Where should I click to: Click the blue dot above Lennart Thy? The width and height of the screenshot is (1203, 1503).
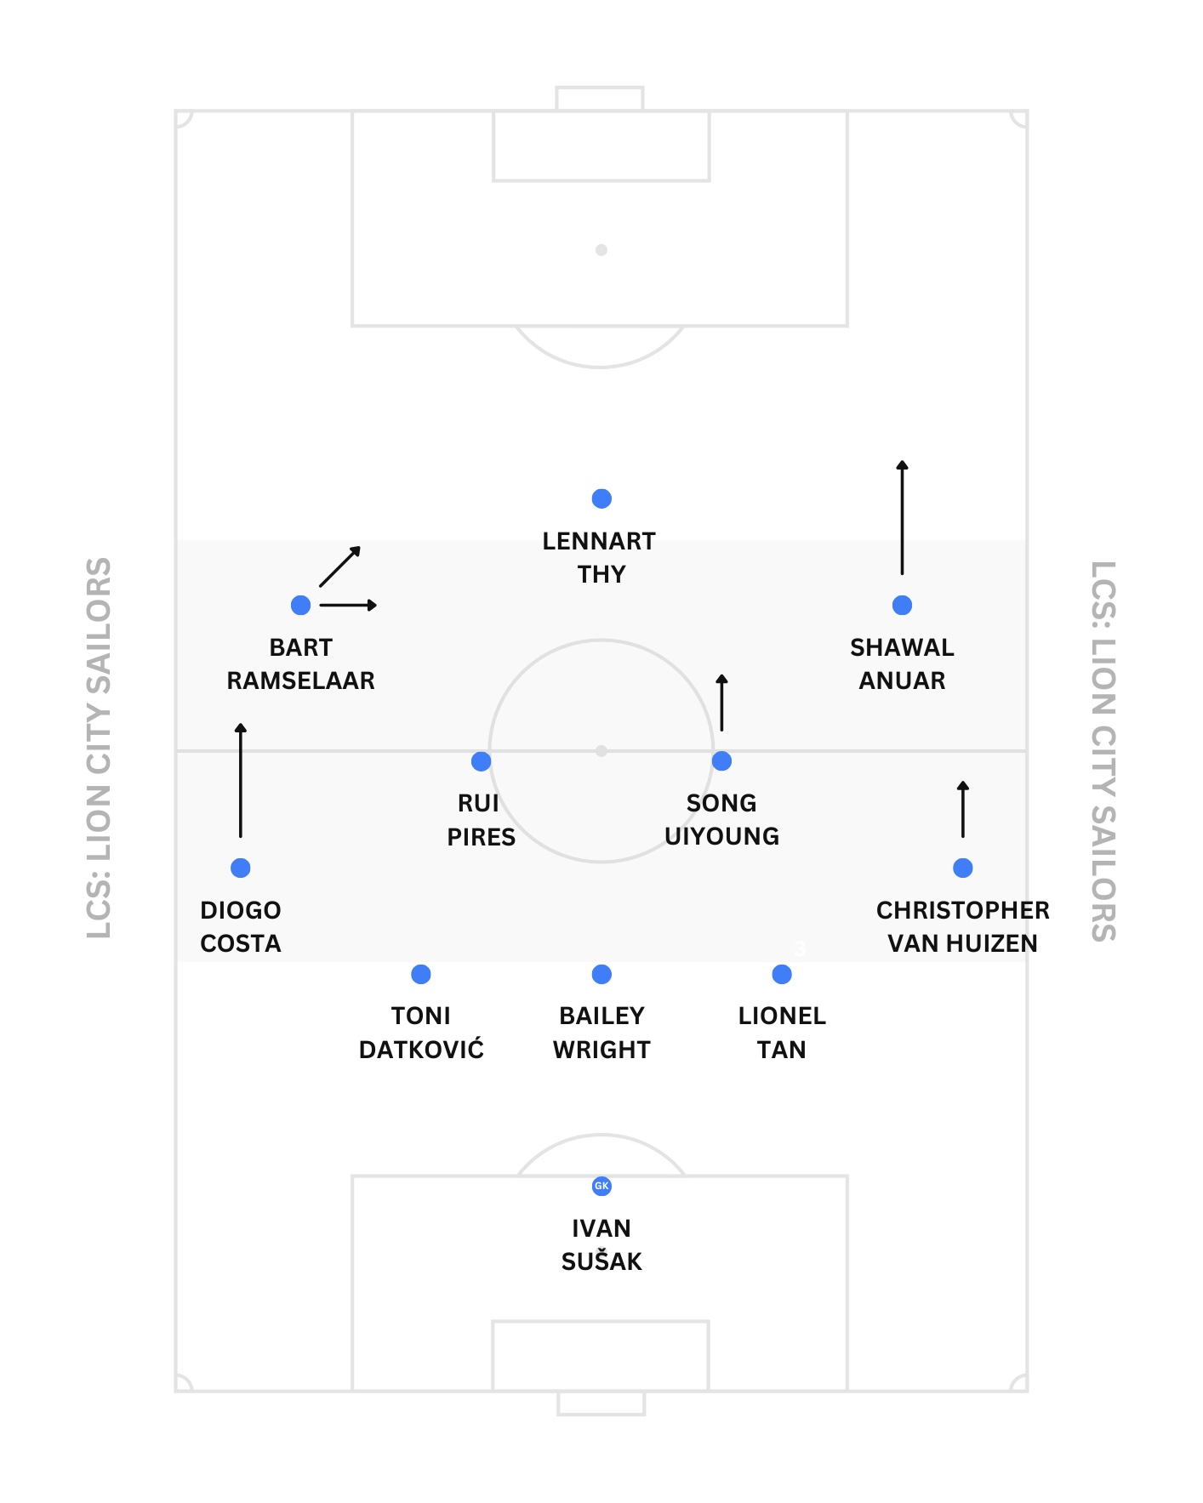point(601,498)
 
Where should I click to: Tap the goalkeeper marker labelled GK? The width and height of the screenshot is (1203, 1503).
point(601,1186)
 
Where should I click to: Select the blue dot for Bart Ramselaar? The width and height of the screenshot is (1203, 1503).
point(300,606)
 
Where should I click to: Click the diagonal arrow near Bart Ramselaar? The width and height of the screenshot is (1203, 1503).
point(340,566)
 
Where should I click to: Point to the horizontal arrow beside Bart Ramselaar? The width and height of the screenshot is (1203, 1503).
point(348,606)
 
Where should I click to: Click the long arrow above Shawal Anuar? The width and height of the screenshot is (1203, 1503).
point(902,517)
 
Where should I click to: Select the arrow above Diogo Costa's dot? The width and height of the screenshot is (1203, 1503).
point(241,780)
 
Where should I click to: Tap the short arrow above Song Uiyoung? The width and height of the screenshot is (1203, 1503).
point(721,703)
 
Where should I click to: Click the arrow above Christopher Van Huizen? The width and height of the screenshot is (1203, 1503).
point(962,809)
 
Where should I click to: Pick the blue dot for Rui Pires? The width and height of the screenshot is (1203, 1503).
point(481,761)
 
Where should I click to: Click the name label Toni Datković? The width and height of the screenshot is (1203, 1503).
point(421,1033)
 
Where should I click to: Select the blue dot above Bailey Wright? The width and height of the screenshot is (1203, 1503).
point(601,974)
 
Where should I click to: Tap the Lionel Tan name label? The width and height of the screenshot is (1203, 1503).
point(782,1033)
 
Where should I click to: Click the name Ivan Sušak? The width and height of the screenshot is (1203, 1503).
point(601,1244)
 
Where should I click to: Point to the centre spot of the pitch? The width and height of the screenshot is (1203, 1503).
point(601,751)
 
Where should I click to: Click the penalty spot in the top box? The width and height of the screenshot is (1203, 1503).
point(601,250)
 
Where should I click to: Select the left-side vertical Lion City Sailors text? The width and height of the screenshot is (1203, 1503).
point(100,749)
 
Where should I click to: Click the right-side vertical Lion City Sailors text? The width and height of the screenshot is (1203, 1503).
point(1103,751)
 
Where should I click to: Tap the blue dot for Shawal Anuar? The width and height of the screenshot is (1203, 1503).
point(902,606)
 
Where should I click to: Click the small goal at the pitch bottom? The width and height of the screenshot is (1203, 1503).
point(601,1403)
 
